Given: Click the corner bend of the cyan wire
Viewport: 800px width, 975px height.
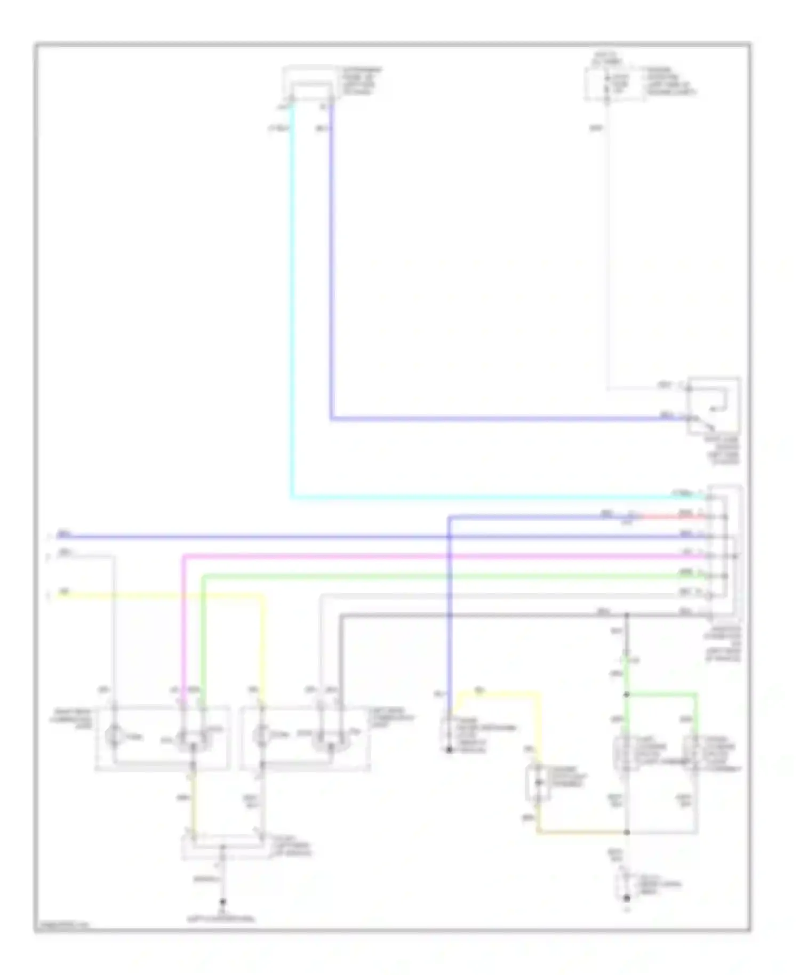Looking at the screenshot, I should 292,497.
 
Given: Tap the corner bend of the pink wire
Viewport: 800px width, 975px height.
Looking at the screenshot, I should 184,556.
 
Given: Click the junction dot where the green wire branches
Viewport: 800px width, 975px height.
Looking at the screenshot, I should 627,694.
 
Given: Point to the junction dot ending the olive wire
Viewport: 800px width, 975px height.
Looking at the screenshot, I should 627,832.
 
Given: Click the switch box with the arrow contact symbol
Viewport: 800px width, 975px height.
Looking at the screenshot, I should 714,405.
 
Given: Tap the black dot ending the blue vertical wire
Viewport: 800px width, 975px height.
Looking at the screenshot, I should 450,749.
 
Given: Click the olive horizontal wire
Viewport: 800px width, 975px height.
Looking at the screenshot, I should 581,832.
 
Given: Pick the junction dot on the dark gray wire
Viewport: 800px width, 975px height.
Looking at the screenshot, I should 627,615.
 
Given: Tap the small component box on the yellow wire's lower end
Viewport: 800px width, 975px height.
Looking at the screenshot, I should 539,782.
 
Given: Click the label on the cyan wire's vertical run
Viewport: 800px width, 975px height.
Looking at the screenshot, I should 279,128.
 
